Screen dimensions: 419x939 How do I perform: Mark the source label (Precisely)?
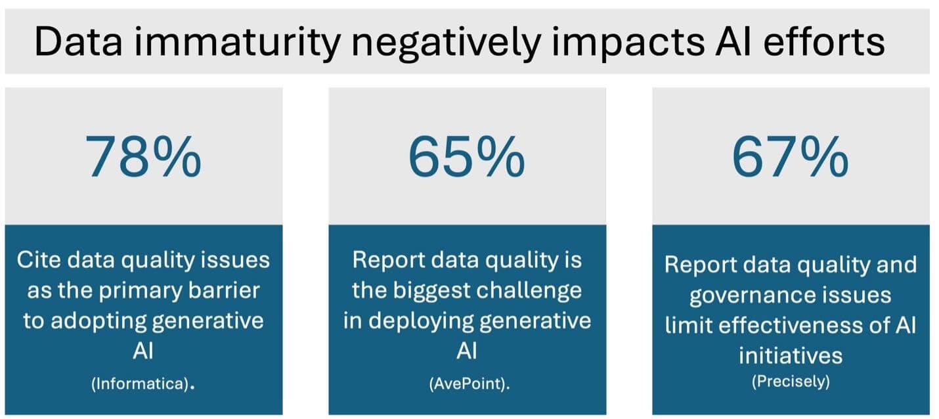(791, 381)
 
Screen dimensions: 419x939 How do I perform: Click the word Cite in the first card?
(39, 260)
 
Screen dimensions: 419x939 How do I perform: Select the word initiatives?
(791, 355)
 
